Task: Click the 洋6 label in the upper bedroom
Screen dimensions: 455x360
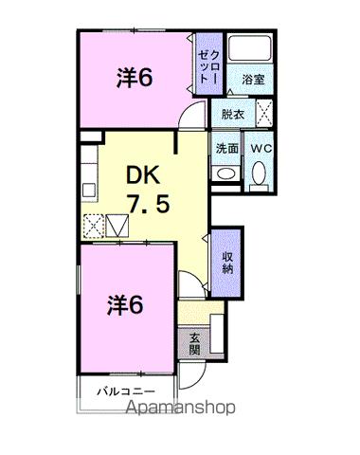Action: pos(135,79)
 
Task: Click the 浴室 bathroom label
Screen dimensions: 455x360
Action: pos(252,81)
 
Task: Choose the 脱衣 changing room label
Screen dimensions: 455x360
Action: pos(232,115)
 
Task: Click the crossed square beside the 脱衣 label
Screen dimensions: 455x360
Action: pos(266,115)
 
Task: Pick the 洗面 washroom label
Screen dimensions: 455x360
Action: pos(226,148)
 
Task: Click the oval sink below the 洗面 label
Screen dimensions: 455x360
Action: pos(225,173)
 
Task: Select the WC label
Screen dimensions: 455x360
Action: pos(260,148)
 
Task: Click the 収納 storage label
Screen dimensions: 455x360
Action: pos(228,264)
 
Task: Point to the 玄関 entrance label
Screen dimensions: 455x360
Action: pos(194,343)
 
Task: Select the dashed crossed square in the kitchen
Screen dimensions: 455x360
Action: pos(95,227)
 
